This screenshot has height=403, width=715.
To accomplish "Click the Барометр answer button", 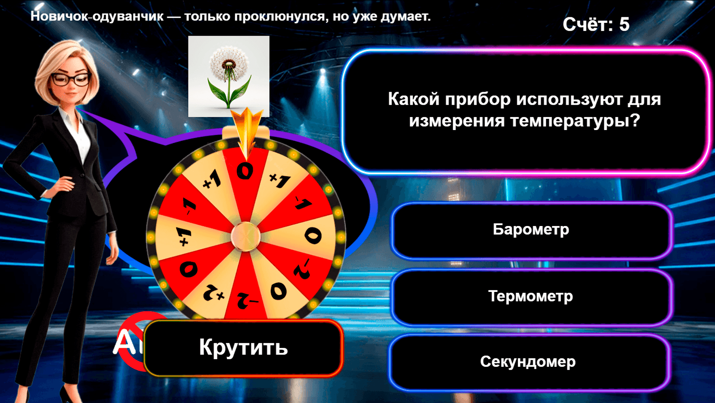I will (531, 229).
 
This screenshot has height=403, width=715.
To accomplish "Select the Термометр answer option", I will (530, 296).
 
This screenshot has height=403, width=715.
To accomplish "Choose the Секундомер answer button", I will (528, 362).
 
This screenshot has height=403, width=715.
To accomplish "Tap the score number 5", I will (624, 25).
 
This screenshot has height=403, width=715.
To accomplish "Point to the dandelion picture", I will (229, 77).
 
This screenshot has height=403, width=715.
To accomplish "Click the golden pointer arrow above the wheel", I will (247, 129).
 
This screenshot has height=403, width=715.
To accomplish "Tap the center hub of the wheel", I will (246, 236).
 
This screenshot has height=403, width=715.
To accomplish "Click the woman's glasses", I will (71, 79).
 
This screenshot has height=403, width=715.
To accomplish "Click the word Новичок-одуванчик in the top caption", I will (97, 16).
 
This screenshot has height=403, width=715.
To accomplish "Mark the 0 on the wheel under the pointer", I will (245, 171).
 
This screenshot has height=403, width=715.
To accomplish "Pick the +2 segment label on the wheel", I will (214, 294).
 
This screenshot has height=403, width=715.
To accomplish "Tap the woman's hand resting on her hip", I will (65, 184).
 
